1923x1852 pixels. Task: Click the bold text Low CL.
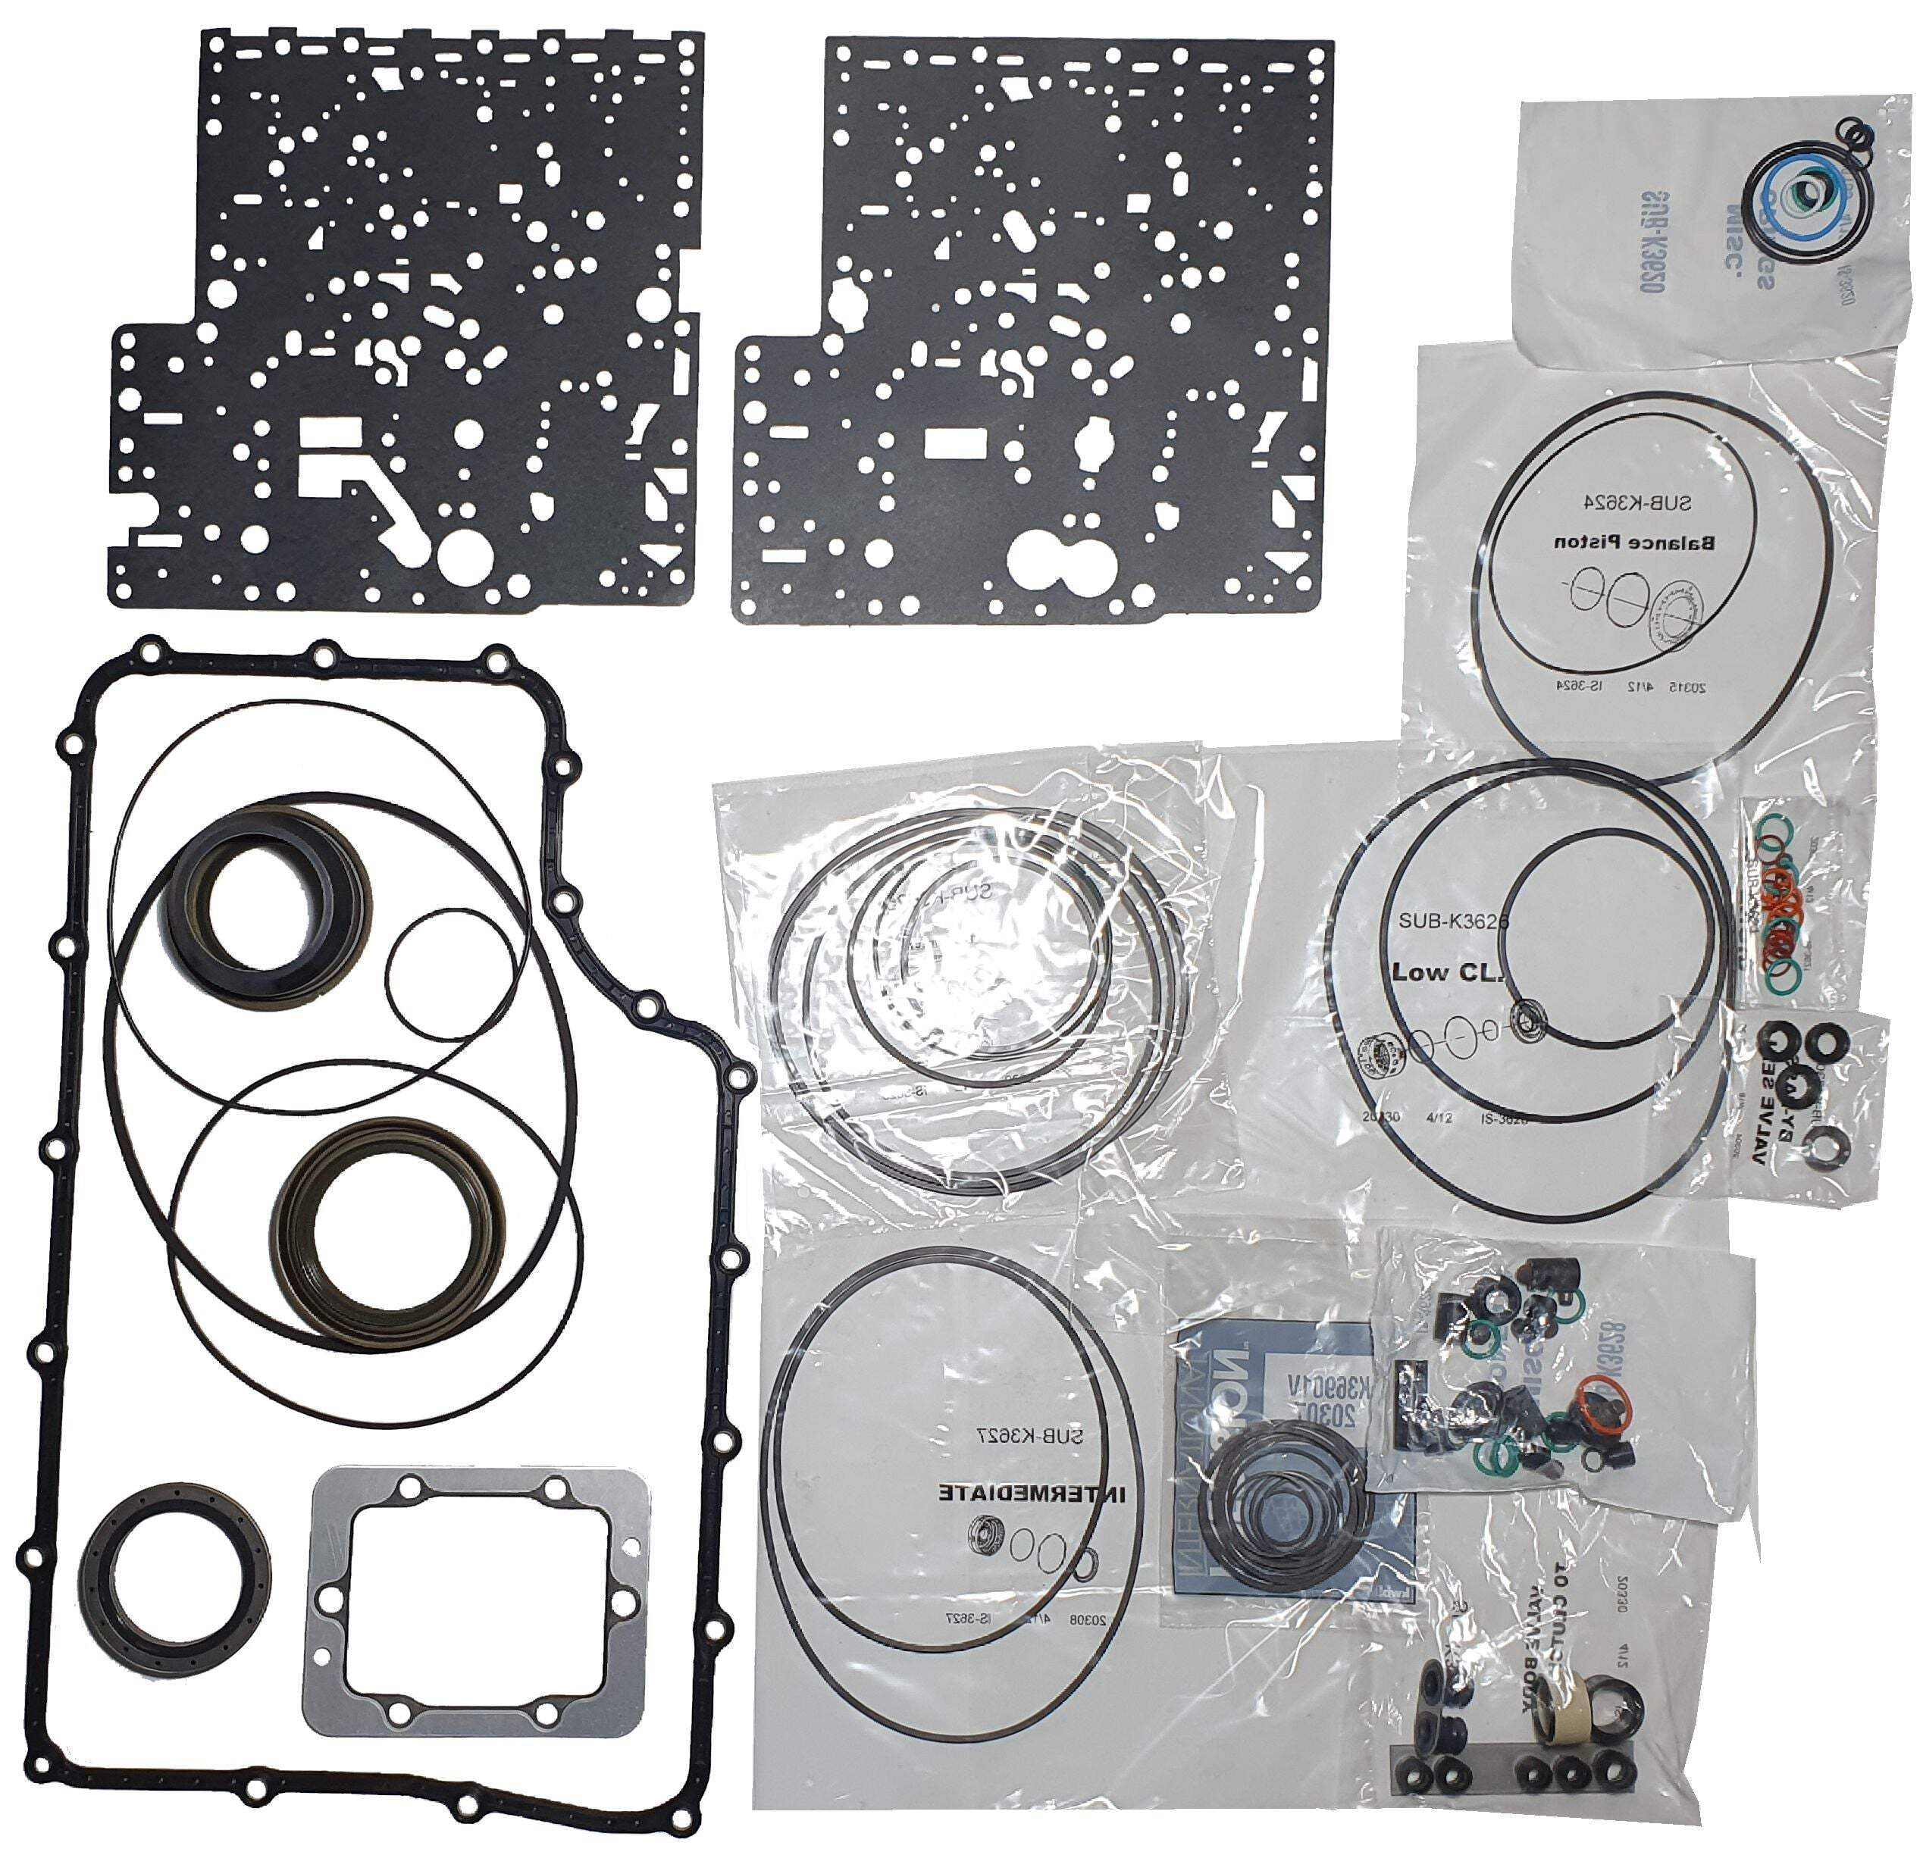1446,973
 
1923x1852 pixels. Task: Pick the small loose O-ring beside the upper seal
450,977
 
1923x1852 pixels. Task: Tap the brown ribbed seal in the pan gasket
389,1233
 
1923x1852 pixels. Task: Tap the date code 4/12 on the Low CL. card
1439,1116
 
